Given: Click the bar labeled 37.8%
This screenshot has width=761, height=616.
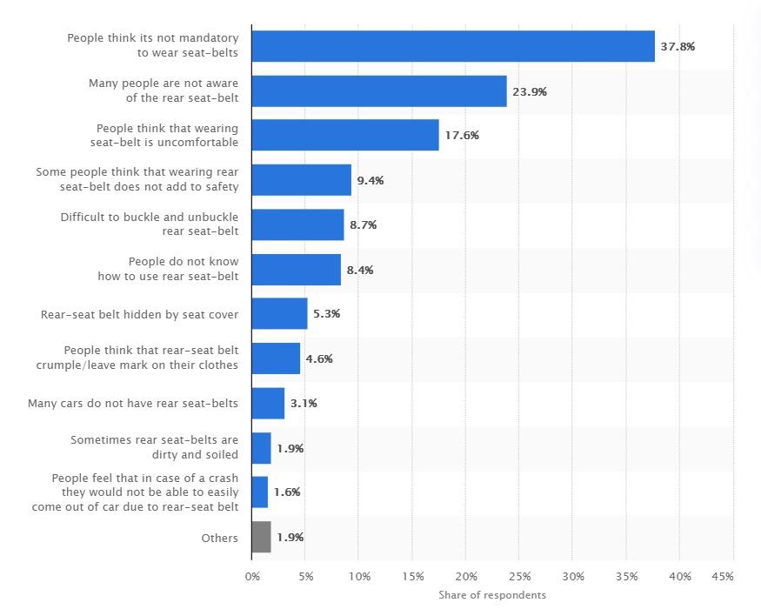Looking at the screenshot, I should (452, 46).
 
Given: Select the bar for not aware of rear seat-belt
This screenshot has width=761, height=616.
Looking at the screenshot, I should (379, 90).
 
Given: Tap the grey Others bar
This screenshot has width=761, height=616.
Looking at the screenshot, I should (261, 537).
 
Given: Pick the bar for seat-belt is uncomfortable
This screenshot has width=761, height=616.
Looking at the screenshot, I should (345, 135).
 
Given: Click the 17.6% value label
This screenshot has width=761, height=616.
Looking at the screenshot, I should (462, 136).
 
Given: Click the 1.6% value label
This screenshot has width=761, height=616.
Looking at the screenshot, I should (287, 492).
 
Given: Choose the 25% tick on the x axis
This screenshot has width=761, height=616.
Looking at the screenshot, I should (519, 577).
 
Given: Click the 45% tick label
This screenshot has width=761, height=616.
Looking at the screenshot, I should (723, 577).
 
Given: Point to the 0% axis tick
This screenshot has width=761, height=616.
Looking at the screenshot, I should (252, 577).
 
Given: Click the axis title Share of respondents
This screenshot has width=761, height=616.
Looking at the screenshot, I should (492, 595).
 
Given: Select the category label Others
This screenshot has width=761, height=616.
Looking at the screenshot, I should (219, 538).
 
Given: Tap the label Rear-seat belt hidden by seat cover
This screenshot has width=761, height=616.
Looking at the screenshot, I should (139, 314).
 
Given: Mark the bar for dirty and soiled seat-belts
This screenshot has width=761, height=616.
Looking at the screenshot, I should (261, 448).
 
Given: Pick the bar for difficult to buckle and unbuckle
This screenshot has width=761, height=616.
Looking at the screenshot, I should (297, 224).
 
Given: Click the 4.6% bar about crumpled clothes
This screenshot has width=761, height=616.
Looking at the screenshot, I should (276, 358).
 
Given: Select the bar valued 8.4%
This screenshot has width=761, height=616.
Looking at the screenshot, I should (296, 270).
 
